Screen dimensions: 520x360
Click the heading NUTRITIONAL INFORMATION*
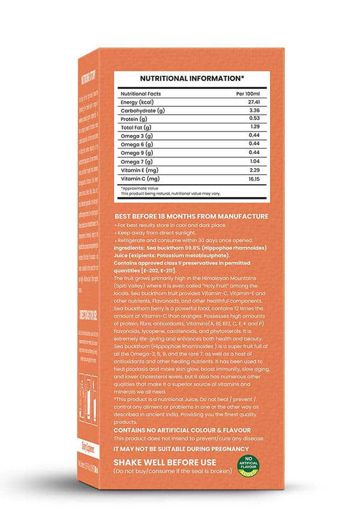point(192,79)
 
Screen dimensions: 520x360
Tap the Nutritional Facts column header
point(143,94)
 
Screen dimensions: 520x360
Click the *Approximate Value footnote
point(142,189)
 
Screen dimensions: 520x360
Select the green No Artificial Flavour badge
point(247,465)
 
